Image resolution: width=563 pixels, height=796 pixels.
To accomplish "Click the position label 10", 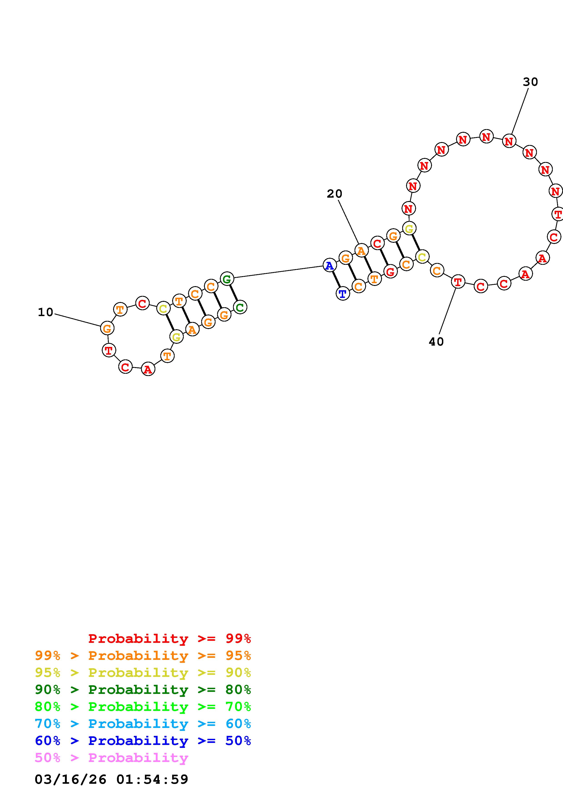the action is point(45,312).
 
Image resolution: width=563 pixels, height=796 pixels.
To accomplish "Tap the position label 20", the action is point(334,194).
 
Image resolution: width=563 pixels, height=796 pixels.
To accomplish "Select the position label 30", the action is point(530,82).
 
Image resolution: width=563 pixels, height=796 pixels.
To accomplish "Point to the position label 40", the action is point(436,342).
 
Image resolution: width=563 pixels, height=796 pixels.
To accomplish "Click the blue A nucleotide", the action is point(329,265).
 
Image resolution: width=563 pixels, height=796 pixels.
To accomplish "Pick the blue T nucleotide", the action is point(343,294).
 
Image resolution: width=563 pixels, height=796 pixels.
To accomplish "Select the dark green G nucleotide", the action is point(227,279).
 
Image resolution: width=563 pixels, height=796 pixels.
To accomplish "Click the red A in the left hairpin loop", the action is point(148,370).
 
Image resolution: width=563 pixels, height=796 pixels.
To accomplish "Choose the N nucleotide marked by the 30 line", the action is point(509,141).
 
